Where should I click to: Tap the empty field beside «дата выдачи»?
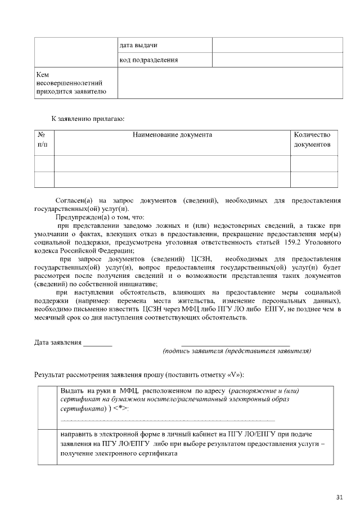[x=277, y=45]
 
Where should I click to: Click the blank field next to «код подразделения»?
[x=277, y=60]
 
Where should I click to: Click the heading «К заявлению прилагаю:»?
[x=88, y=119]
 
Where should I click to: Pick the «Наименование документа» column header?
[x=172, y=135]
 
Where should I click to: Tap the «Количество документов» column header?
[x=312, y=140]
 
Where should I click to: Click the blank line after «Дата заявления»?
[x=98, y=343]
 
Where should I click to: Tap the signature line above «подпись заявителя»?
[x=236, y=343]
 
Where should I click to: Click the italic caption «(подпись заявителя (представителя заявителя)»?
[x=237, y=351]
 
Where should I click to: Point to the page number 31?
[x=339, y=497]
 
